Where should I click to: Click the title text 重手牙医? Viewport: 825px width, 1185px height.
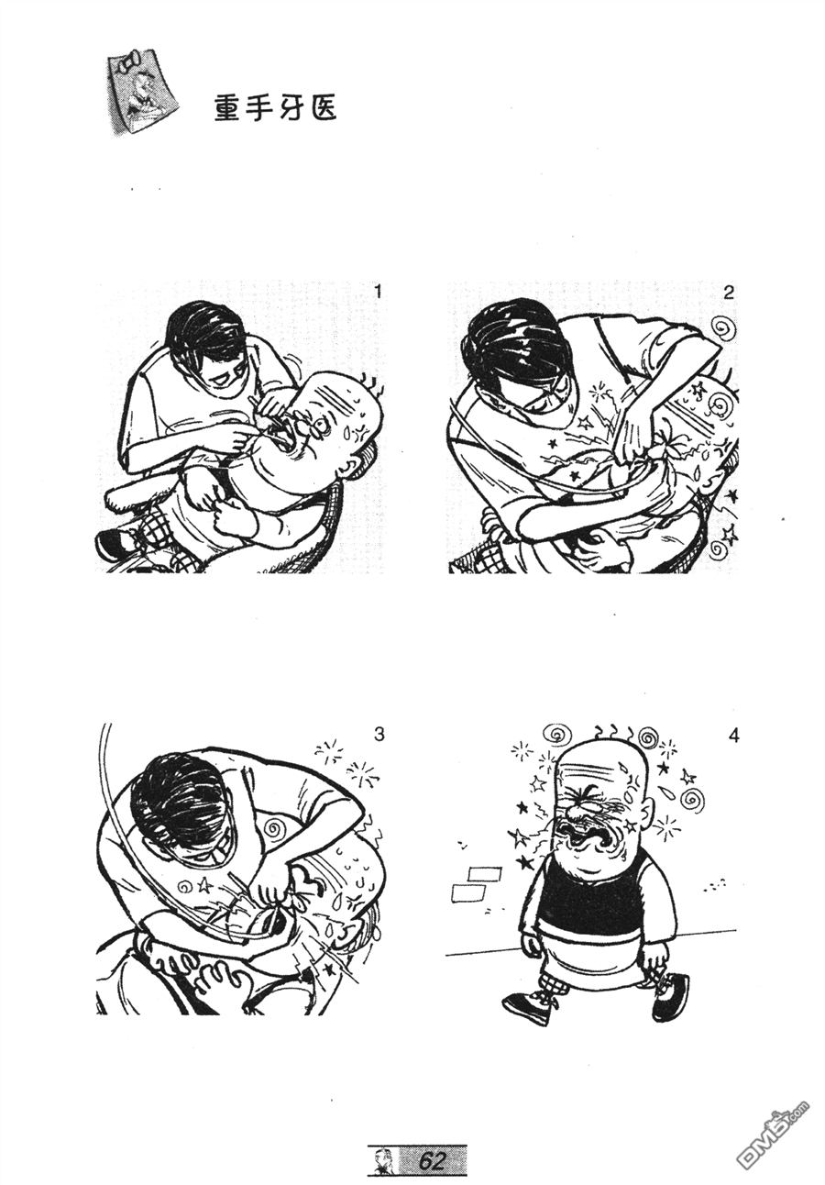276,108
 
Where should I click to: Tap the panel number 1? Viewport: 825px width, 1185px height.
378,293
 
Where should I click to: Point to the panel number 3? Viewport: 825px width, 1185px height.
379,735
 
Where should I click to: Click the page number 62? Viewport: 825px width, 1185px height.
432,1160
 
